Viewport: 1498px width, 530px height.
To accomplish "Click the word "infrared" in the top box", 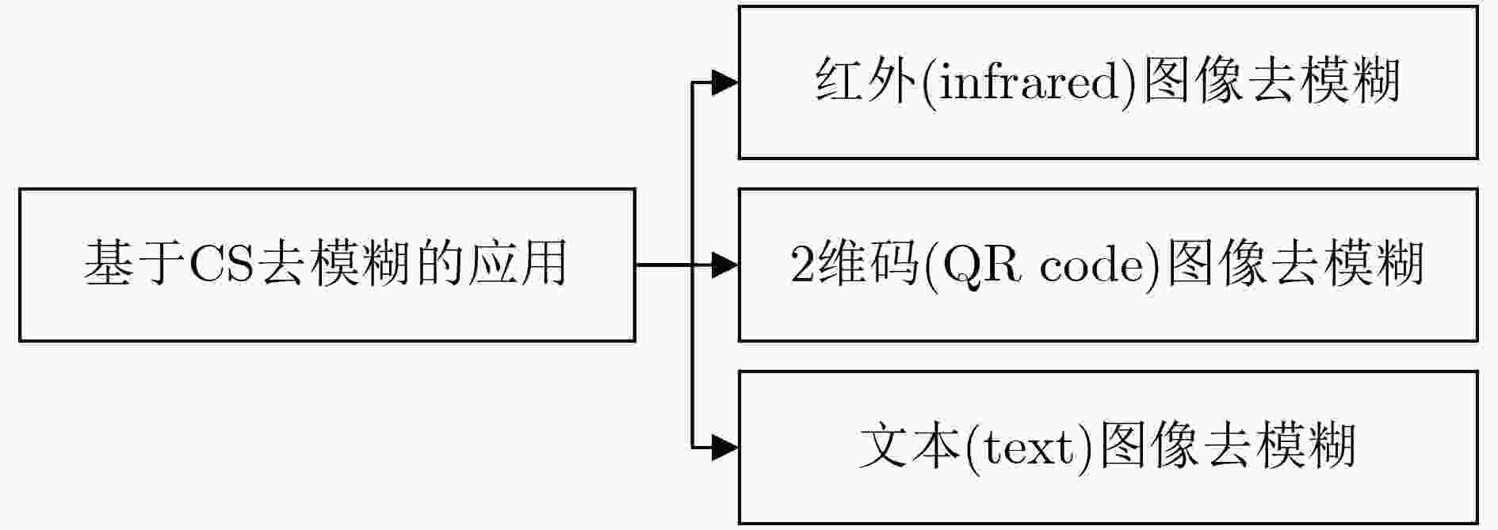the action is point(1030,82).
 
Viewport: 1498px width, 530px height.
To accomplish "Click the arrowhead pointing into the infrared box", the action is point(724,82).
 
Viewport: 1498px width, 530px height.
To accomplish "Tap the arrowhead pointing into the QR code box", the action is point(724,265).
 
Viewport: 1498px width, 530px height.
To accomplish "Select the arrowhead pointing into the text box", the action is point(724,448).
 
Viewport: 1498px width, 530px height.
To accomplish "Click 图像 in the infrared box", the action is point(1194,82).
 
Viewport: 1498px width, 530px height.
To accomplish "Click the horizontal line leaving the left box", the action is point(674,265).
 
